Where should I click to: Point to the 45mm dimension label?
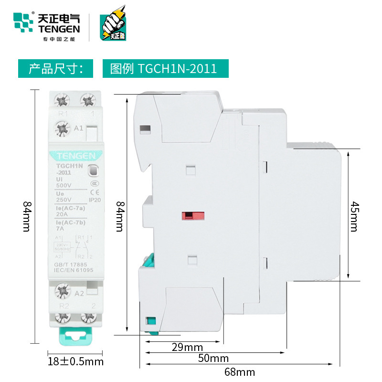(x=354, y=215)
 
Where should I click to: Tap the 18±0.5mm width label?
(x=76, y=361)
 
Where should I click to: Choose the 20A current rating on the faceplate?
(x=63, y=214)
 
